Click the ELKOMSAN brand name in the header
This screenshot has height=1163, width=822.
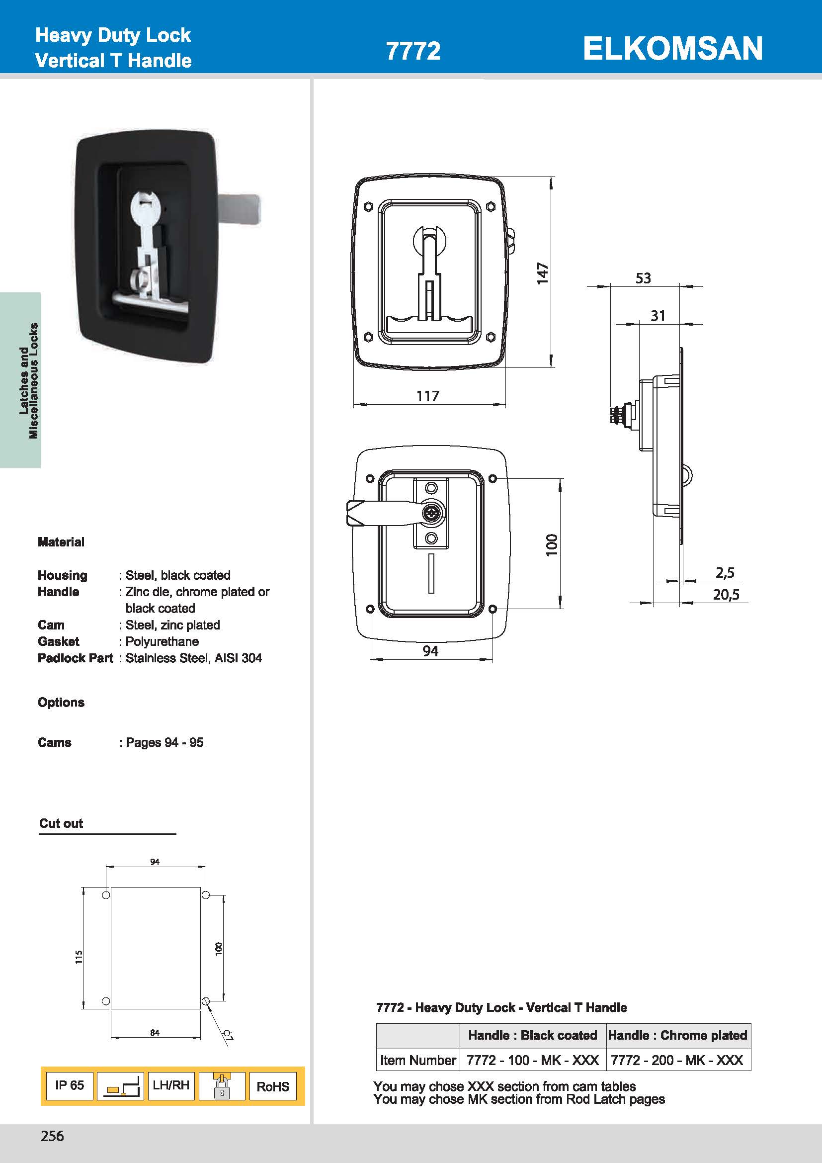[x=672, y=49]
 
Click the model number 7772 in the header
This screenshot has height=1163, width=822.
[x=412, y=51]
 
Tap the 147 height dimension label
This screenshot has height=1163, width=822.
[x=542, y=273]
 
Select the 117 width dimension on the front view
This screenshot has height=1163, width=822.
[x=428, y=396]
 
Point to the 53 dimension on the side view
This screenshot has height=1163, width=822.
[x=643, y=278]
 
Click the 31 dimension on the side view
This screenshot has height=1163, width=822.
[x=658, y=316]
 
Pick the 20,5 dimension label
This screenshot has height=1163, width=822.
[x=726, y=595]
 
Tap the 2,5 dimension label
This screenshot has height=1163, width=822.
[x=725, y=572]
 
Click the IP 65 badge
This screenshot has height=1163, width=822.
[x=70, y=1085]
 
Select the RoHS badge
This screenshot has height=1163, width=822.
[x=272, y=1086]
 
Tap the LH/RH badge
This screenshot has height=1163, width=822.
[x=171, y=1085]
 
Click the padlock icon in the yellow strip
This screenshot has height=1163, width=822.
[x=222, y=1086]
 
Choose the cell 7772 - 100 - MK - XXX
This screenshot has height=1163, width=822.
[x=532, y=1060]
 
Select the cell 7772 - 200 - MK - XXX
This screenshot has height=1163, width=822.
[x=677, y=1060]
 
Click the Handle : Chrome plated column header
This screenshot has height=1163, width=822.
[x=677, y=1035]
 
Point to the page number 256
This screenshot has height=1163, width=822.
[x=52, y=1136]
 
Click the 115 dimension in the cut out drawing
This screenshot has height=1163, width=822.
[x=79, y=956]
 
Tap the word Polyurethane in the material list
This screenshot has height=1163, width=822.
[x=162, y=641]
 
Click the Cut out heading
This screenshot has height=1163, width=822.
[x=61, y=823]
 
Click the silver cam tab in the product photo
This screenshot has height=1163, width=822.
[x=241, y=209]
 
